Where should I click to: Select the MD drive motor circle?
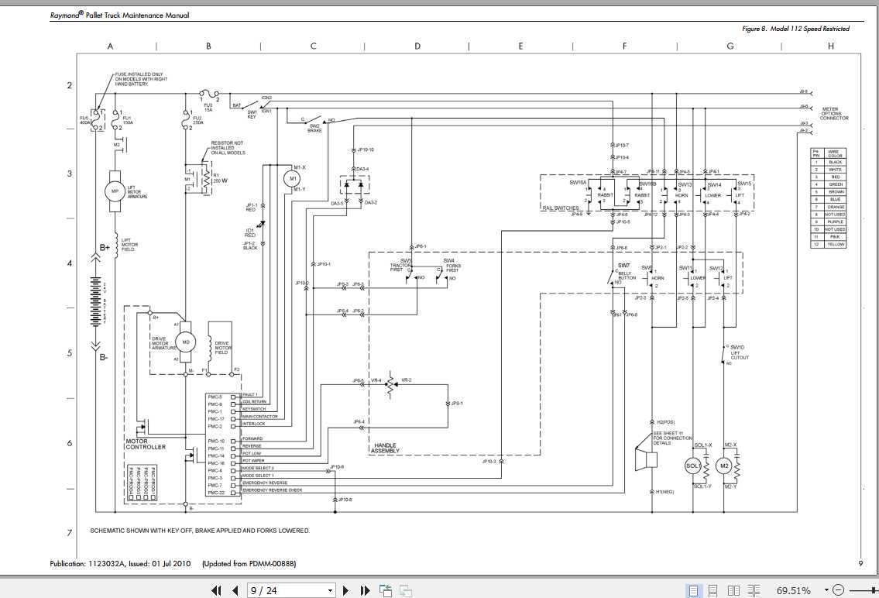coord(186,341)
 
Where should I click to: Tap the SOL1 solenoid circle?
coord(693,466)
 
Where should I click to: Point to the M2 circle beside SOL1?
coord(724,466)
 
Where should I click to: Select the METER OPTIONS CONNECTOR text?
coord(834,114)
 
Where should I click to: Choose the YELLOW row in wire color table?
coord(835,244)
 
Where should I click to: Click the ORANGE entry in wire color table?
coord(835,207)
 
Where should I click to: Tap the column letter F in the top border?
coord(624,46)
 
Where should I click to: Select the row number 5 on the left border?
coord(70,353)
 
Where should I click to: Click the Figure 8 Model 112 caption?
coord(795,29)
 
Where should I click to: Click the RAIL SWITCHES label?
coord(560,208)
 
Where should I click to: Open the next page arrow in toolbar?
coord(346,591)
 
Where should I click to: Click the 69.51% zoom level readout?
coord(794,591)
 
